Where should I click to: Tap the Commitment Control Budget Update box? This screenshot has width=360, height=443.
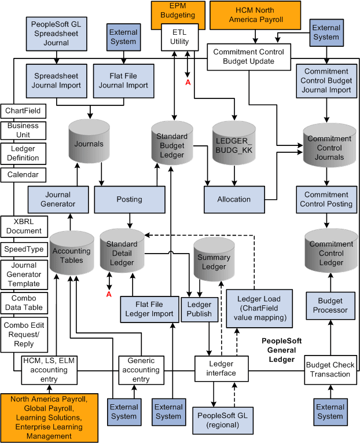coord(249,57)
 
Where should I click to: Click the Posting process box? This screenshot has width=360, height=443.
coord(129,199)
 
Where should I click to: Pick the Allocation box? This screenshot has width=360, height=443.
coord(234,199)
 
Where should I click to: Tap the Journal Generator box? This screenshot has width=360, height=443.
coord(57,199)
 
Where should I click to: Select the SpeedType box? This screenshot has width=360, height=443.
coord(23,250)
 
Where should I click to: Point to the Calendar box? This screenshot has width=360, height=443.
coord(23,174)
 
